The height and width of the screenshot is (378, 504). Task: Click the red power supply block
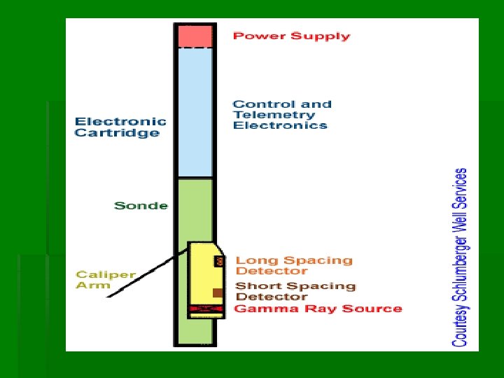pyautogui.click(x=195, y=36)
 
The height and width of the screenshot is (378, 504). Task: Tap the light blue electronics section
pyautogui.click(x=195, y=112)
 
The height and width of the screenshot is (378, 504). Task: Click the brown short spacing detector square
pyautogui.click(x=218, y=293)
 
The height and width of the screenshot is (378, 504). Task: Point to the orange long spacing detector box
pyautogui.click(x=219, y=261)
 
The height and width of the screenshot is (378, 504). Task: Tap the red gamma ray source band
pyautogui.click(x=204, y=309)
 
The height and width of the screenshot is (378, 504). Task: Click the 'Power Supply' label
pyautogui.click(x=291, y=36)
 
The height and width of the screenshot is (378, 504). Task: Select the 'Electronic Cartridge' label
pyautogui.click(x=120, y=127)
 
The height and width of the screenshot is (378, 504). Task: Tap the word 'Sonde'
pyautogui.click(x=141, y=206)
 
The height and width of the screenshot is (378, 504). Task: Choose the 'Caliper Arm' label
pyautogui.click(x=105, y=279)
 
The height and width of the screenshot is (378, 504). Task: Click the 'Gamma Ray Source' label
pyautogui.click(x=318, y=309)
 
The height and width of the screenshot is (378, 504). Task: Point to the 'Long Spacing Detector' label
pyautogui.click(x=293, y=265)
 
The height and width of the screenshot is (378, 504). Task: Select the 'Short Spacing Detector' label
pyautogui.click(x=295, y=291)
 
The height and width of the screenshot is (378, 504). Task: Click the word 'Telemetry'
pyautogui.click(x=274, y=115)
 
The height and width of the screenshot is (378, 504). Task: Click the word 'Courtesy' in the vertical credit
pyautogui.click(x=460, y=323)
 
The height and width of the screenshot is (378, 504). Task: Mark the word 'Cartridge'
pyautogui.click(x=117, y=133)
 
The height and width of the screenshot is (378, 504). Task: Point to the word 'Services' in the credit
pyautogui.click(x=460, y=185)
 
